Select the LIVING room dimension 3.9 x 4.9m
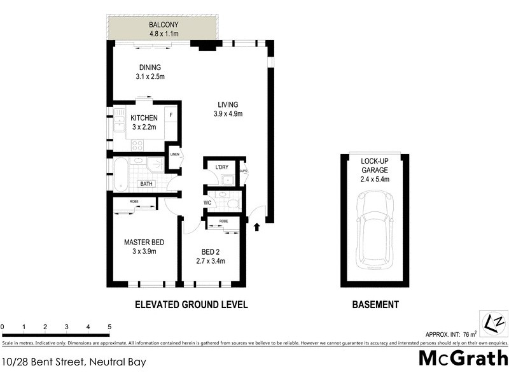point(227,114)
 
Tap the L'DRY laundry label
point(221,167)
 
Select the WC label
point(207,203)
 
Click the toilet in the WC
point(232,203)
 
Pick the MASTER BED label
point(144,242)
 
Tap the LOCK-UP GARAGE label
point(374,166)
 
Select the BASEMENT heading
point(375,305)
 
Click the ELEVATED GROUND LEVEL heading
point(191,305)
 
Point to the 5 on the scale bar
point(110,327)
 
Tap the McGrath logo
point(463,358)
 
